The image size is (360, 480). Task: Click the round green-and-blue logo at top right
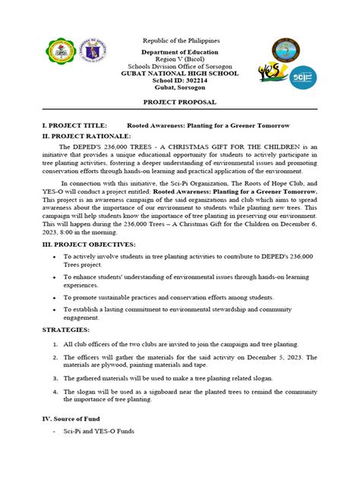click(x=292, y=49)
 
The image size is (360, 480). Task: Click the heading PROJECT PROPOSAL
click(x=180, y=101)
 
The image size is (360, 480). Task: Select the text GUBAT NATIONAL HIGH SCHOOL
click(x=180, y=72)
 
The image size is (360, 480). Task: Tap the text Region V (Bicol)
click(x=180, y=58)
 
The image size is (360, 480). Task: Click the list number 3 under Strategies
click(x=56, y=377)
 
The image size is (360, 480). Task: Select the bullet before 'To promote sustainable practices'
click(x=56, y=298)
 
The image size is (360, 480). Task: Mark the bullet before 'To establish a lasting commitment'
click(x=56, y=310)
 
